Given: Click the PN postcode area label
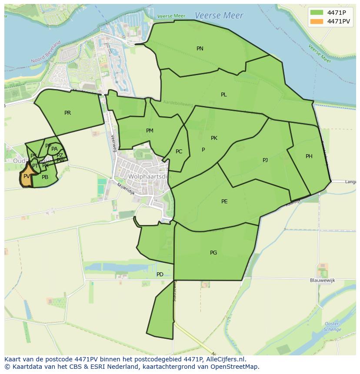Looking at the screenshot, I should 200,49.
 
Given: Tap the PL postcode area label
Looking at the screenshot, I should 223,95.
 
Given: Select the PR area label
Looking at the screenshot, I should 67,113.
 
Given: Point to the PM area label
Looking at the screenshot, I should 150,131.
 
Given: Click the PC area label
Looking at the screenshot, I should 179,152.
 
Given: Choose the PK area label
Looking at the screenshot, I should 214,138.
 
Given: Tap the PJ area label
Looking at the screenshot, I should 265,160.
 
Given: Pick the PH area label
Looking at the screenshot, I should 309,156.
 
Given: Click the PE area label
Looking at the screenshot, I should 224,202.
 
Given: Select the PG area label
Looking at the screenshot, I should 213,253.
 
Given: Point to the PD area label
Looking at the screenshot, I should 160,275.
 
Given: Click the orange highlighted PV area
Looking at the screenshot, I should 27,177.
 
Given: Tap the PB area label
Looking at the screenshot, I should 45,177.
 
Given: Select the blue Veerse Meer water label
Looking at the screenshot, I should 219,16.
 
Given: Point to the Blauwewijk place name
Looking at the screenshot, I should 323,281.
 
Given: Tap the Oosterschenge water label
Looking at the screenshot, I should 332,327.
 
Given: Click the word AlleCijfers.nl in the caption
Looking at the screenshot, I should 225,359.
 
